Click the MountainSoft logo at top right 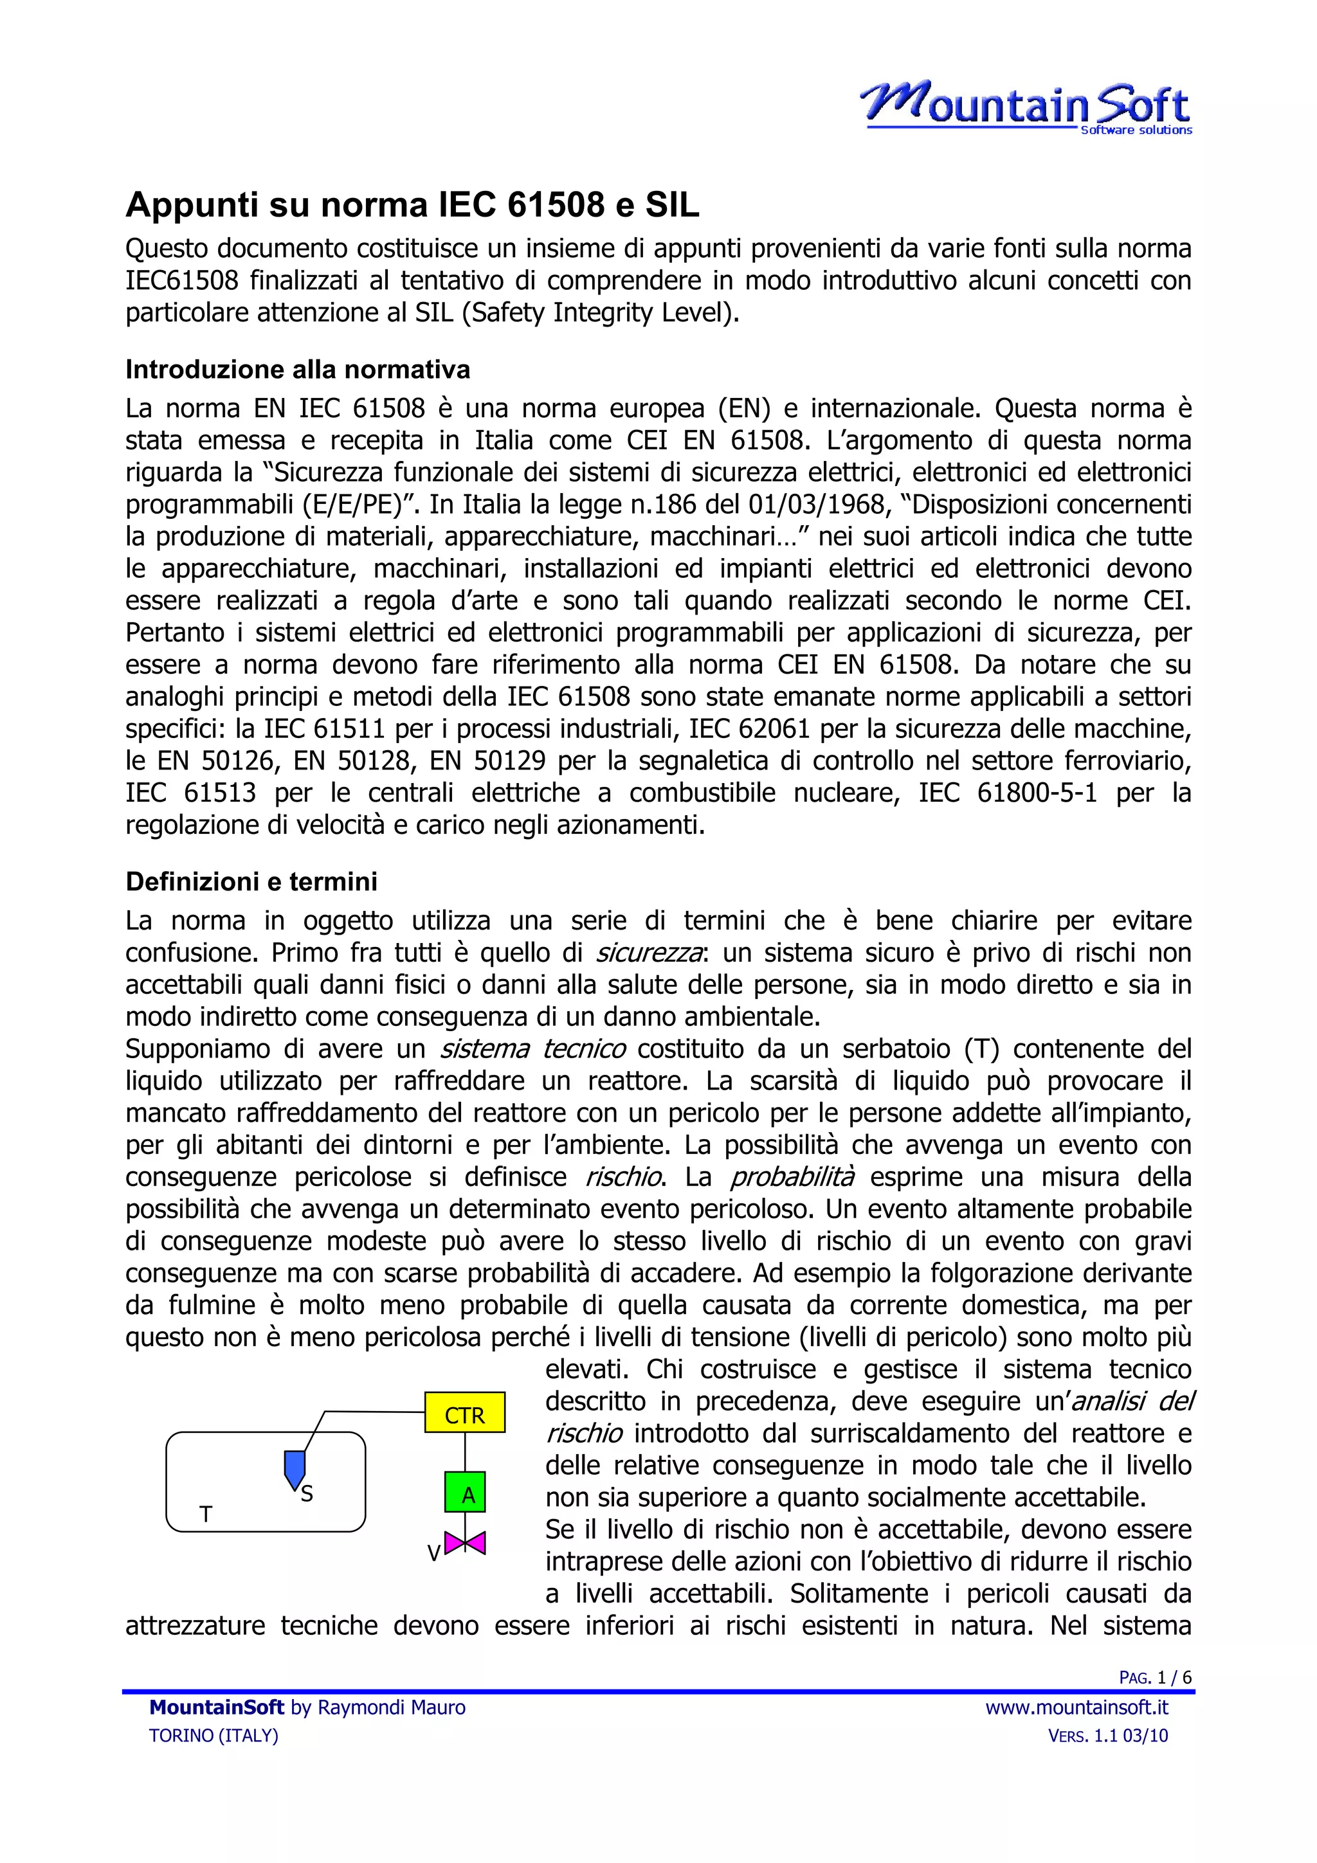coord(1026,108)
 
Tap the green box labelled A coord(465,1495)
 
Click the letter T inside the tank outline coord(206,1514)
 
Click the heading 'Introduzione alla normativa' coord(298,370)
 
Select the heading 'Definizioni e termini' coord(251,881)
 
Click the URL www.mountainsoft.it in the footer coord(1076,1707)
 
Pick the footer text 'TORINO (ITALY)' coord(213,1736)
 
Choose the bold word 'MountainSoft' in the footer coord(217,1707)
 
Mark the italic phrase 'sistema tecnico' coord(532,1049)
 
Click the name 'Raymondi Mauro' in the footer coord(391,1707)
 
